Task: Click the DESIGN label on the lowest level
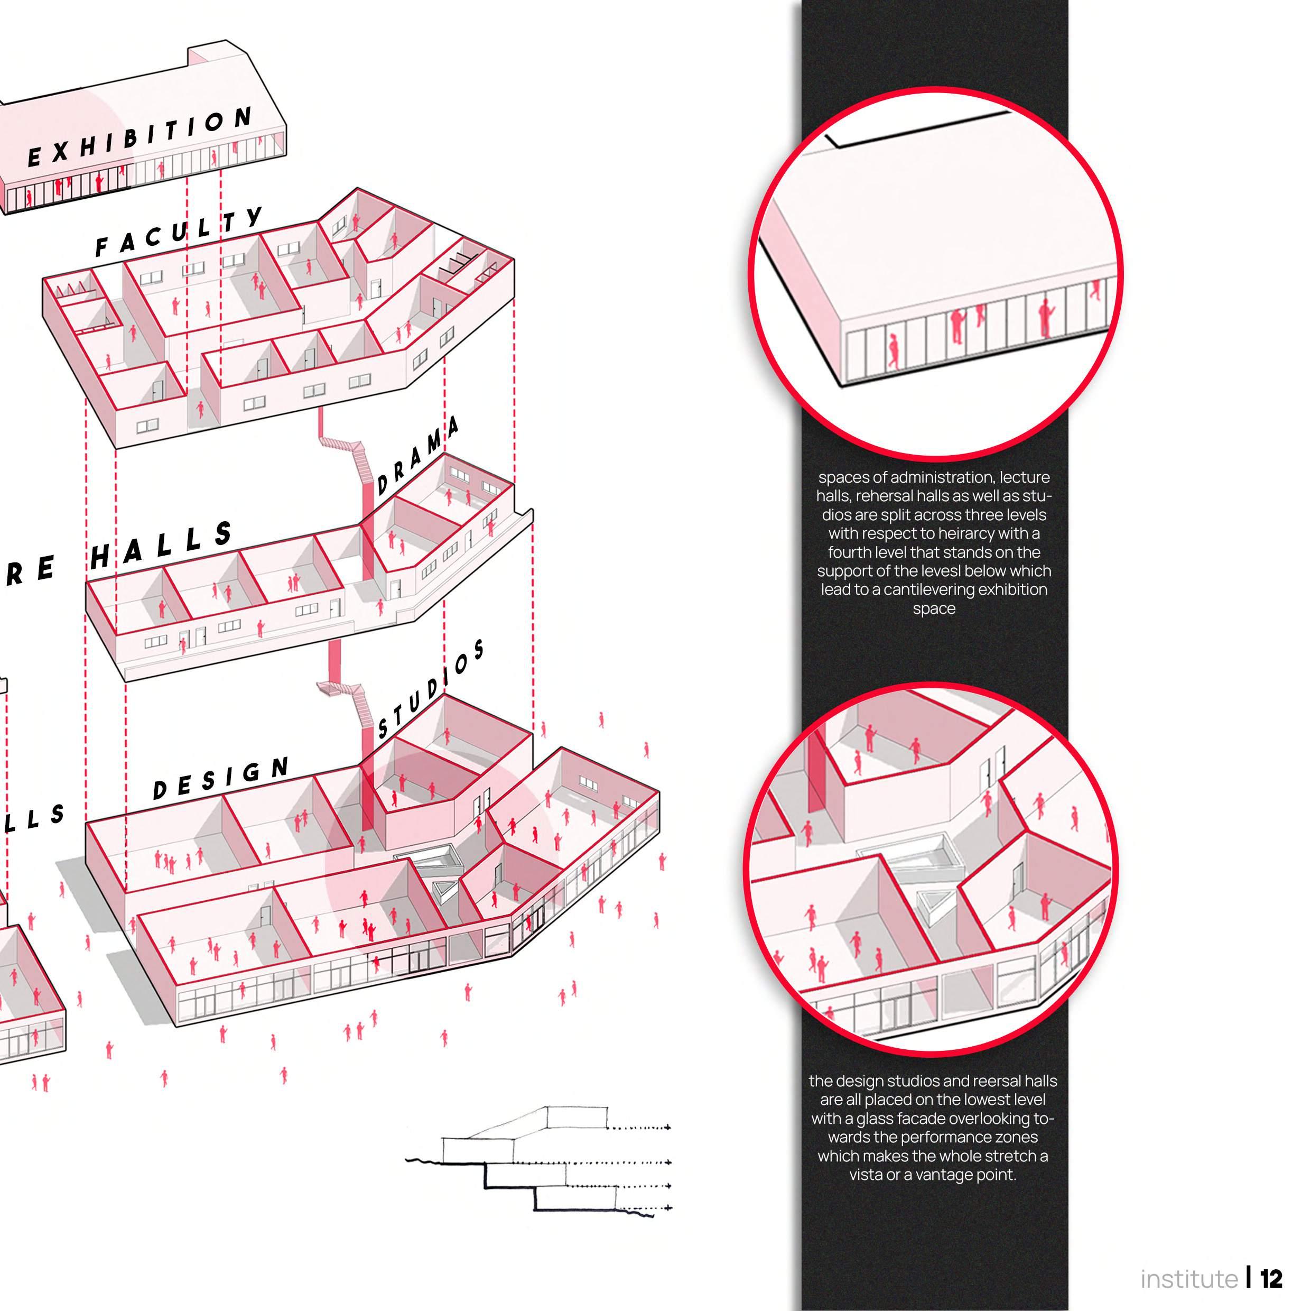coord(220,779)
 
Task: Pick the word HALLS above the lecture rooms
coord(162,546)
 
